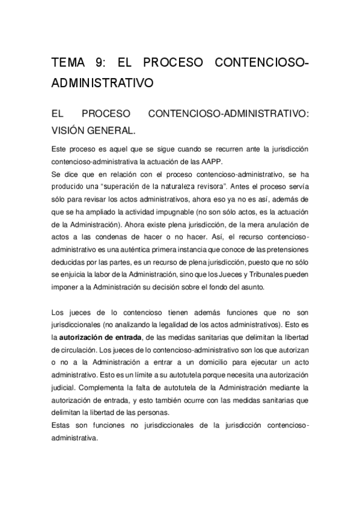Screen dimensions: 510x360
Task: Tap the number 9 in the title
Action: (x=99, y=63)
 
